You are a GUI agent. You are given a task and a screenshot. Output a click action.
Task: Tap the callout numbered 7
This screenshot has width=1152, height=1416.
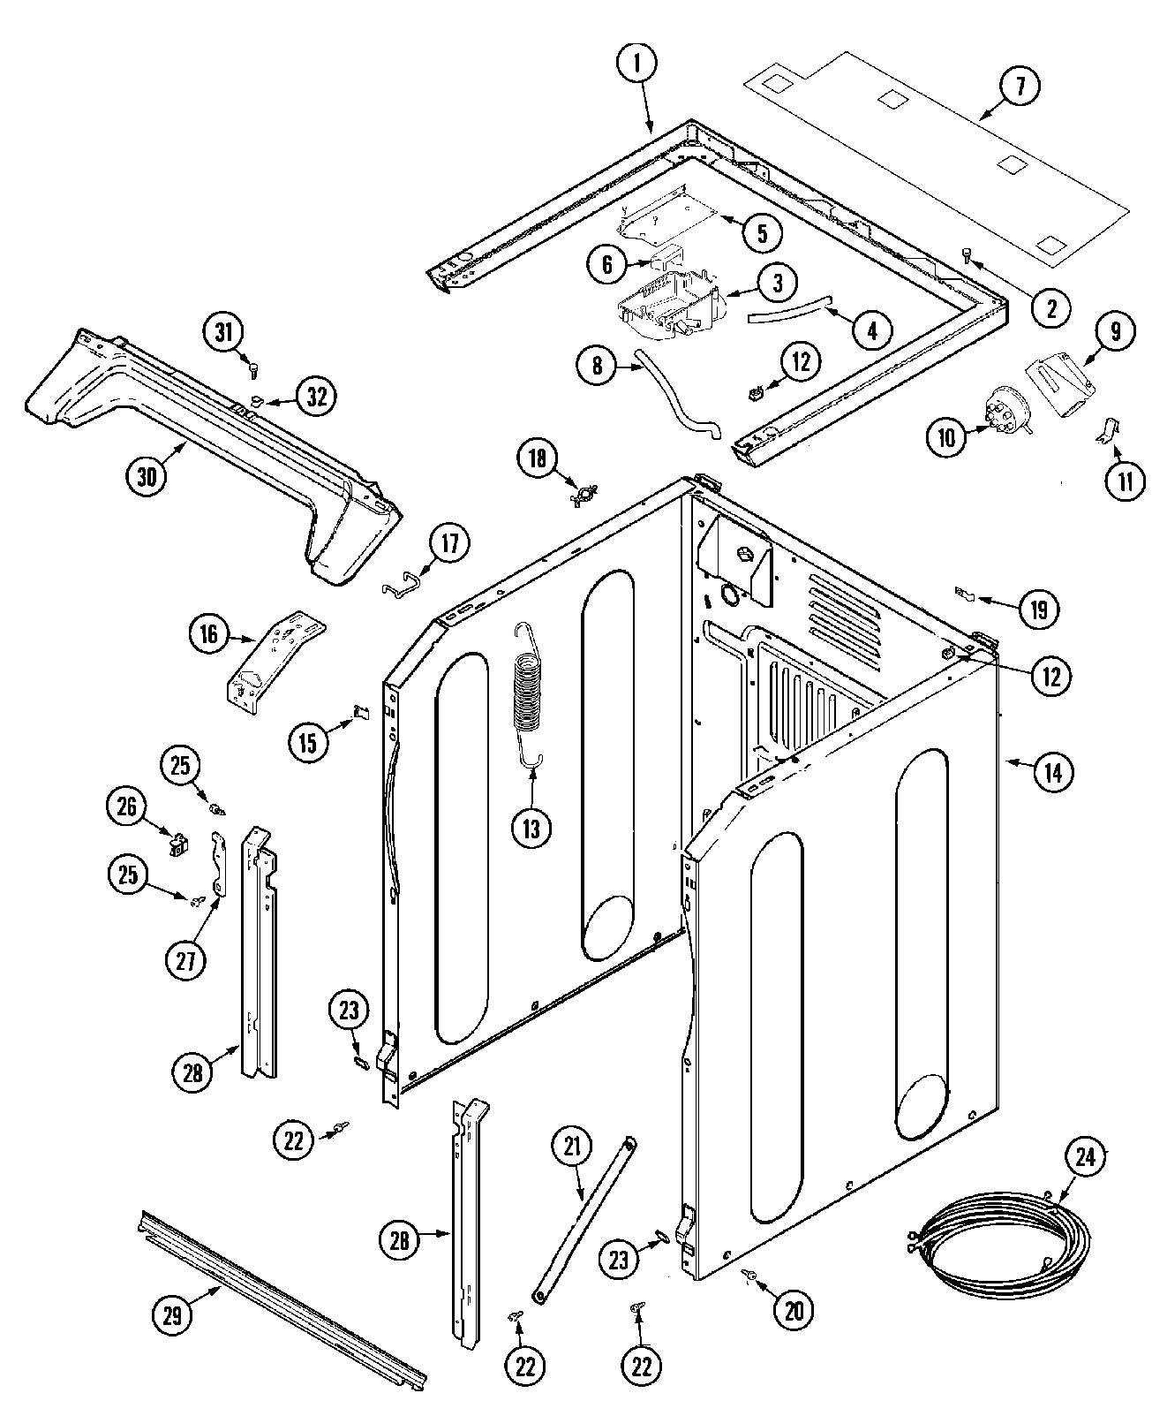coord(1020,87)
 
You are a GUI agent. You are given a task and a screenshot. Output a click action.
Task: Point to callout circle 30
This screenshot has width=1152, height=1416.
coord(147,476)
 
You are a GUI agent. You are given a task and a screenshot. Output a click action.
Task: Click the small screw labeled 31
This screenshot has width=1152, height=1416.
coord(254,370)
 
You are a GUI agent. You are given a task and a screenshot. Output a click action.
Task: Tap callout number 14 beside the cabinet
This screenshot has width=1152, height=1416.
coord(1052,771)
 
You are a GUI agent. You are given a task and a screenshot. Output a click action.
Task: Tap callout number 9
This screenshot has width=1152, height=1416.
coord(1114,332)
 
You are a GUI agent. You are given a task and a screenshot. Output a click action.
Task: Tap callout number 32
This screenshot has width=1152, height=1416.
coord(316,397)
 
